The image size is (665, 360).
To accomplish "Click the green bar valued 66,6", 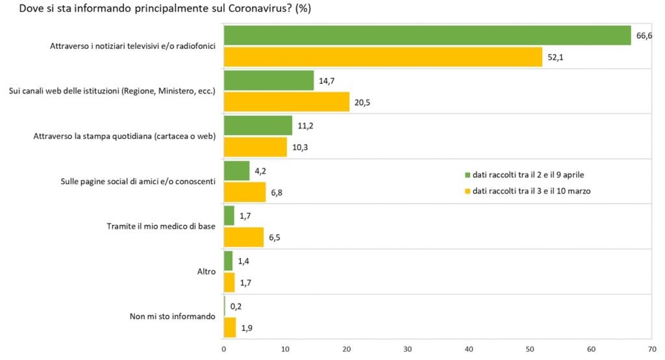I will [427, 36].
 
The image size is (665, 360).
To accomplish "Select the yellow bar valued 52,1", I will [383, 57].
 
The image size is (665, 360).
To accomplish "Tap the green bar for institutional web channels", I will [269, 81].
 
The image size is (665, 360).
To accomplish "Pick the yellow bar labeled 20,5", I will [286, 102].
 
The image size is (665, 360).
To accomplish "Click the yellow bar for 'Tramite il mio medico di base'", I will [244, 237].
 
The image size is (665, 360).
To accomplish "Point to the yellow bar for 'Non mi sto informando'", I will [230, 328].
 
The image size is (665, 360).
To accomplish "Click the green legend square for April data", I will [466, 175].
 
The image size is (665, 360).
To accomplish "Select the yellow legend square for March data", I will [466, 191].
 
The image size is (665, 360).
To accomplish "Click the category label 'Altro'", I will [206, 272].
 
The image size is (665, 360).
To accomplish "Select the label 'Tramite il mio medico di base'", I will [161, 227].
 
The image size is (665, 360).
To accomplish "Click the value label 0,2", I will [235, 306].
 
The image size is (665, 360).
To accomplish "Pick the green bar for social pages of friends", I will [236, 171].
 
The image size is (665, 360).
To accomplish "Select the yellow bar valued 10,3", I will [255, 148].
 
